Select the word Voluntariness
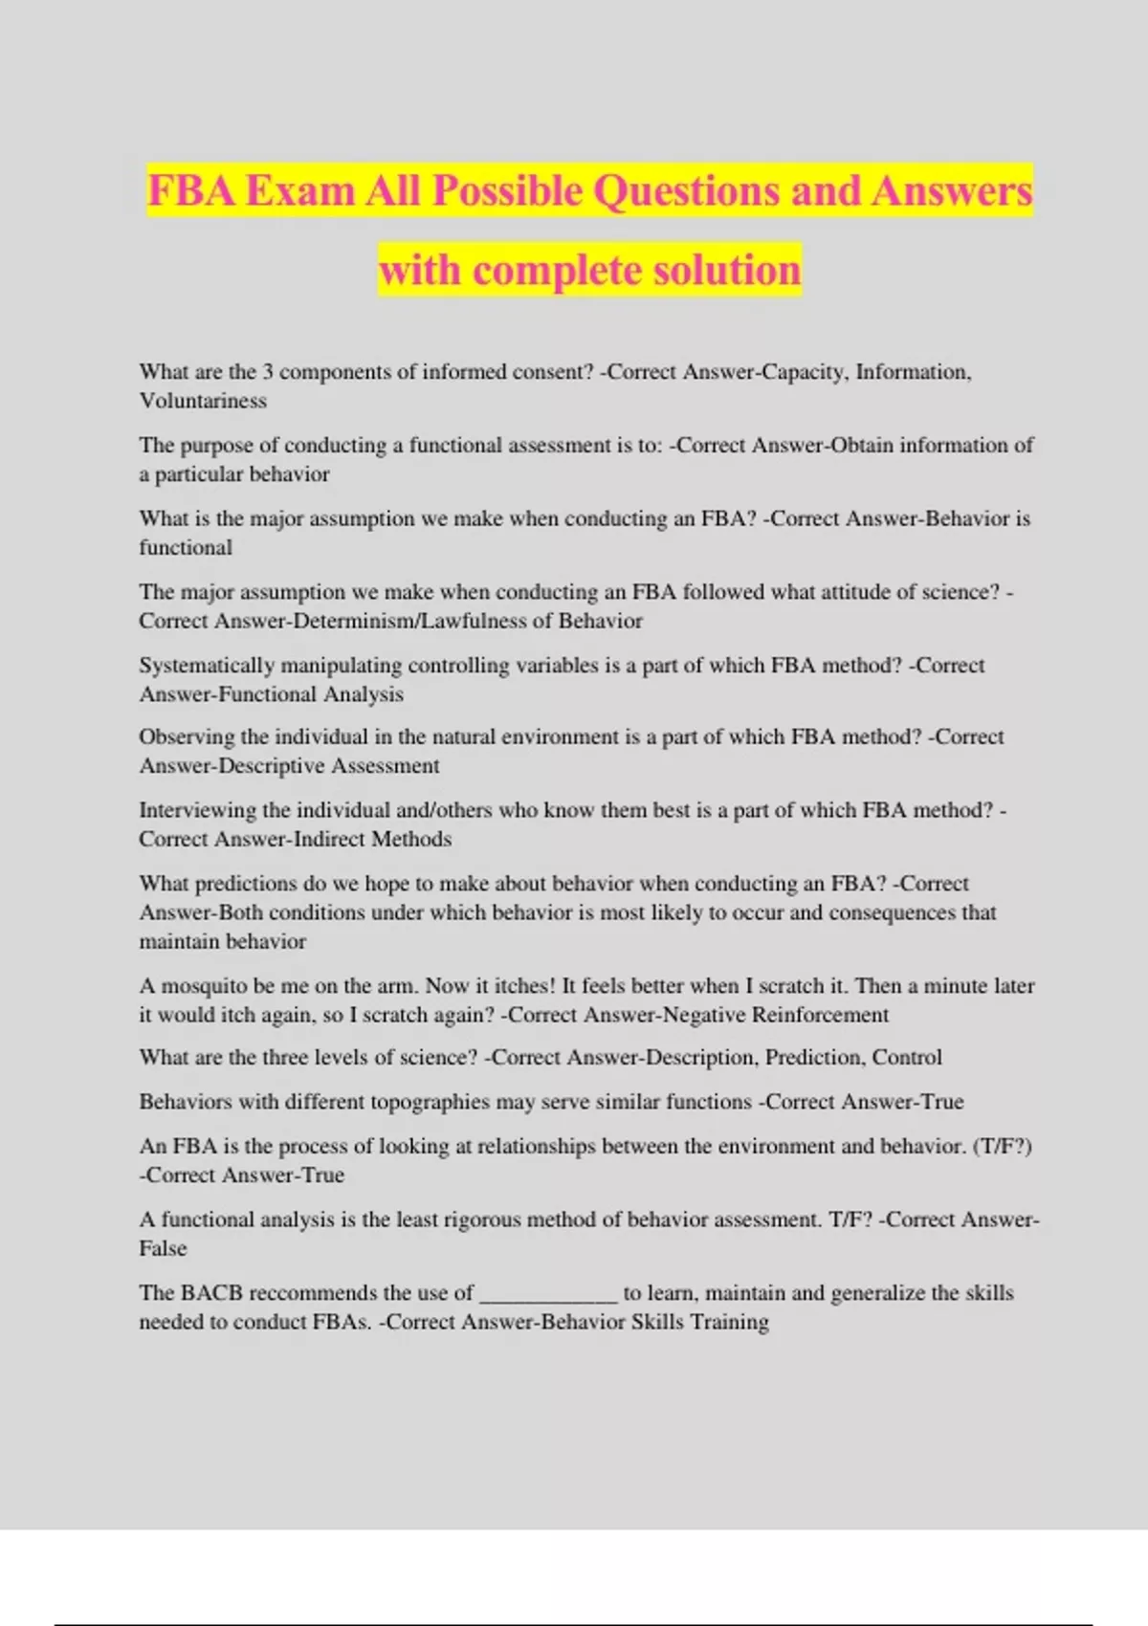[x=203, y=401]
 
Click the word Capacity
[x=803, y=372]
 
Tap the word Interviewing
[x=198, y=810]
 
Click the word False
[x=163, y=1248]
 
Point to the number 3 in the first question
[x=268, y=372]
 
